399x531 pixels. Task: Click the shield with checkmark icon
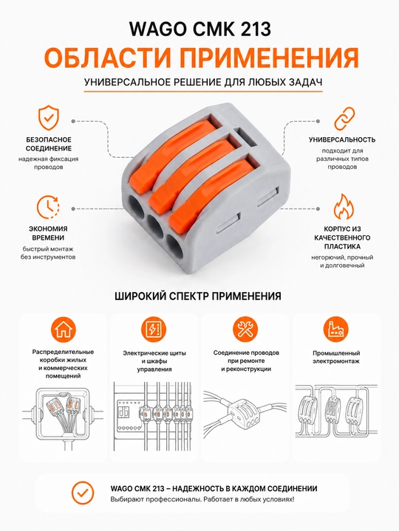pos(48,118)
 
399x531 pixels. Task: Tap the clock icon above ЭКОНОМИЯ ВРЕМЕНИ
pos(48,206)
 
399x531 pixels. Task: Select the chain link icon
pos(344,119)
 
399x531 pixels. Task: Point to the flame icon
pos(344,206)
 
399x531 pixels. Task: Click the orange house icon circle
pos(63,330)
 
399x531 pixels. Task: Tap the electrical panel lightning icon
pos(154,330)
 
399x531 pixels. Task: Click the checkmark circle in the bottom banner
pos(83,493)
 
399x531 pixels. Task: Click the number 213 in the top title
pos(252,29)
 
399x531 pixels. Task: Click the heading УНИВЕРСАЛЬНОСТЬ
pos(342,139)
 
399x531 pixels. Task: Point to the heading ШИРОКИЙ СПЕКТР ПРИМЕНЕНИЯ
pos(198,296)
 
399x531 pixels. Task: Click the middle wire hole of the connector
pos(156,225)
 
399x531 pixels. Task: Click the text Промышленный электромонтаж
pos(336,357)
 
